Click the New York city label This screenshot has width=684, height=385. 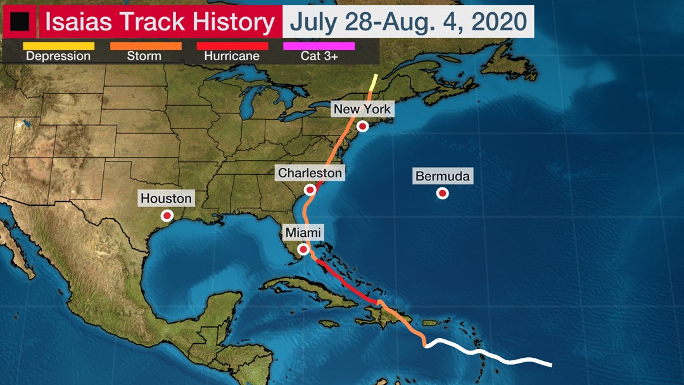click(x=362, y=109)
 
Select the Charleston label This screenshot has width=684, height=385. click(x=310, y=173)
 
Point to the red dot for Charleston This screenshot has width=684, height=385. click(x=310, y=189)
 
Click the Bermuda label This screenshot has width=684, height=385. click(x=443, y=177)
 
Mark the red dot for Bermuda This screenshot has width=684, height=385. click(x=443, y=193)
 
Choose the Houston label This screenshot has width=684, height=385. click(x=166, y=198)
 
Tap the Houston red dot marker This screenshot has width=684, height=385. click(x=167, y=215)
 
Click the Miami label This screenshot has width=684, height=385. click(x=303, y=232)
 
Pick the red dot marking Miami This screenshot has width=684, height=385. click(x=303, y=249)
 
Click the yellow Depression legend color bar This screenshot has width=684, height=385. click(x=58, y=46)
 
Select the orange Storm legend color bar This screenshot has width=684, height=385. click(x=146, y=46)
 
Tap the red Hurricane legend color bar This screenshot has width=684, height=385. click(x=232, y=46)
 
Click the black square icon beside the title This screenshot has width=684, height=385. click(x=18, y=22)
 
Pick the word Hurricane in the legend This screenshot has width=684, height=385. click(x=232, y=56)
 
